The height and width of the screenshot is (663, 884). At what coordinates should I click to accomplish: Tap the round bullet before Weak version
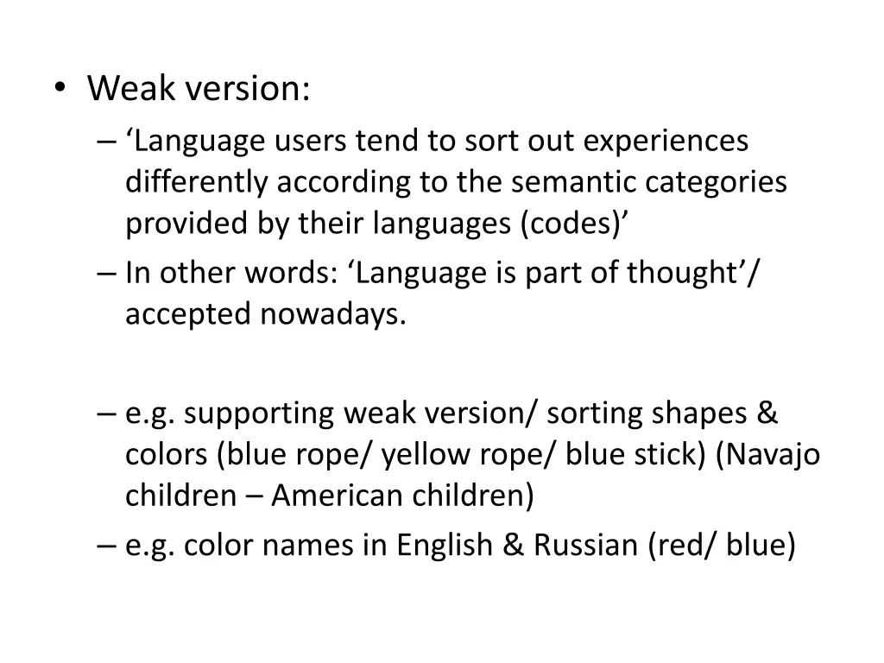(58, 89)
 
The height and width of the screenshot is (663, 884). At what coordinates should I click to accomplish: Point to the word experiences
(665, 141)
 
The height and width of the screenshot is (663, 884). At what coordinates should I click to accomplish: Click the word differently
(199, 182)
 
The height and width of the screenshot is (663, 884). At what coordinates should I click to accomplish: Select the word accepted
(189, 314)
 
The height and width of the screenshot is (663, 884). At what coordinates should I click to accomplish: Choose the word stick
(670, 455)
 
